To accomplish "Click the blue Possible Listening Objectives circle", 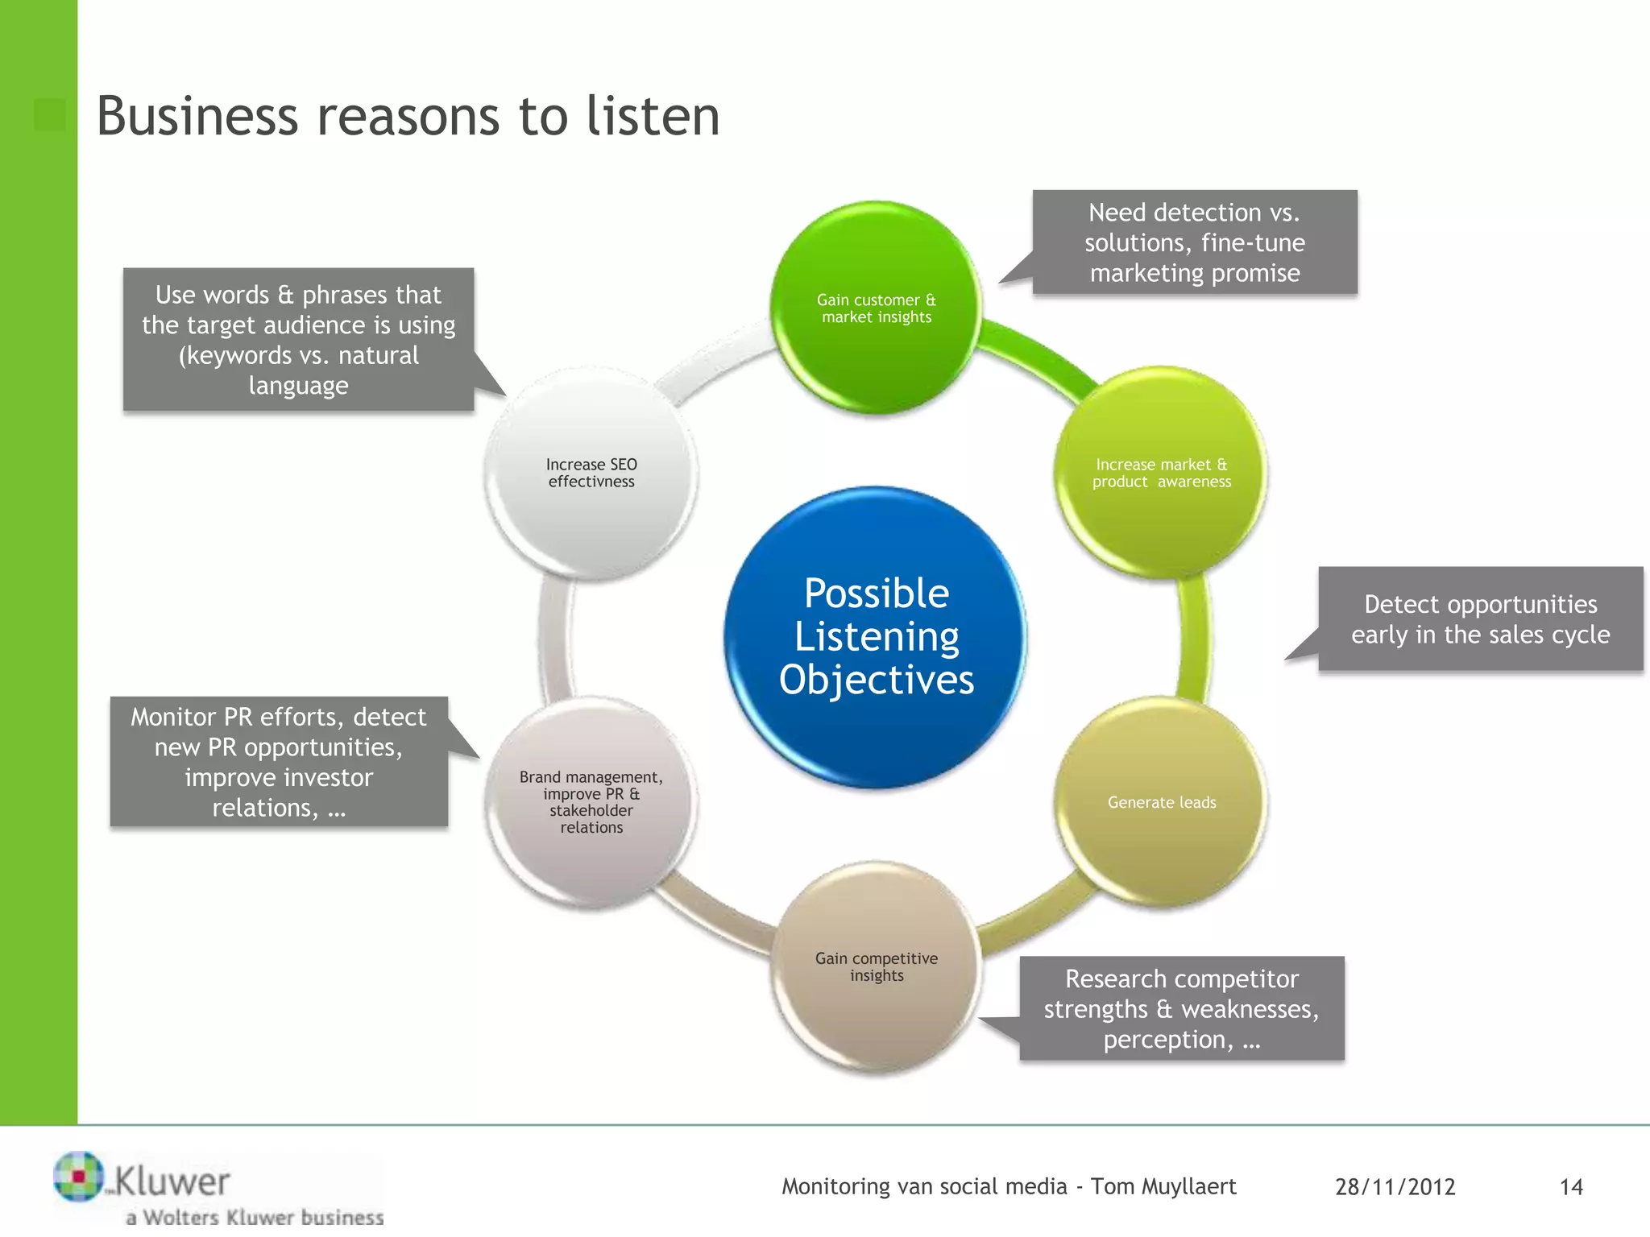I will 876,636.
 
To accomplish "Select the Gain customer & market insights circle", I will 876,308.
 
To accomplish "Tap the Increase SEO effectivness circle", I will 591,473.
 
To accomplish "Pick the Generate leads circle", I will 1161,802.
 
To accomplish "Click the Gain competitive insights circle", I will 877,966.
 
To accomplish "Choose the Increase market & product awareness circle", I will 1161,473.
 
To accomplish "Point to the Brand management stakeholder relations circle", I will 591,802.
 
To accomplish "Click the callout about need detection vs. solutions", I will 1194,242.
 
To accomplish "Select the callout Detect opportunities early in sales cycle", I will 1479,619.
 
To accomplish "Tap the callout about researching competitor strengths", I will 1181,1008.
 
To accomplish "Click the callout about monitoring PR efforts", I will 279,762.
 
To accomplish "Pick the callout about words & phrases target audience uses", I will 298,340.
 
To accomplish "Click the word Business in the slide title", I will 197,116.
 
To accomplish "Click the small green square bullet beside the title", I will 50,114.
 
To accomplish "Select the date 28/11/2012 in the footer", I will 1395,1187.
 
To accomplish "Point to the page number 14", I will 1570,1187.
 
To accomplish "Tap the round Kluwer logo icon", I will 78,1176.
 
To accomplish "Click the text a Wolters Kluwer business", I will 255,1217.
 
